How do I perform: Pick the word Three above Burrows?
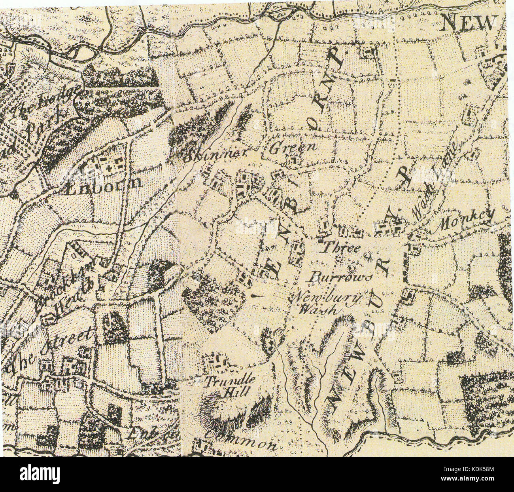click(x=340, y=249)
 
